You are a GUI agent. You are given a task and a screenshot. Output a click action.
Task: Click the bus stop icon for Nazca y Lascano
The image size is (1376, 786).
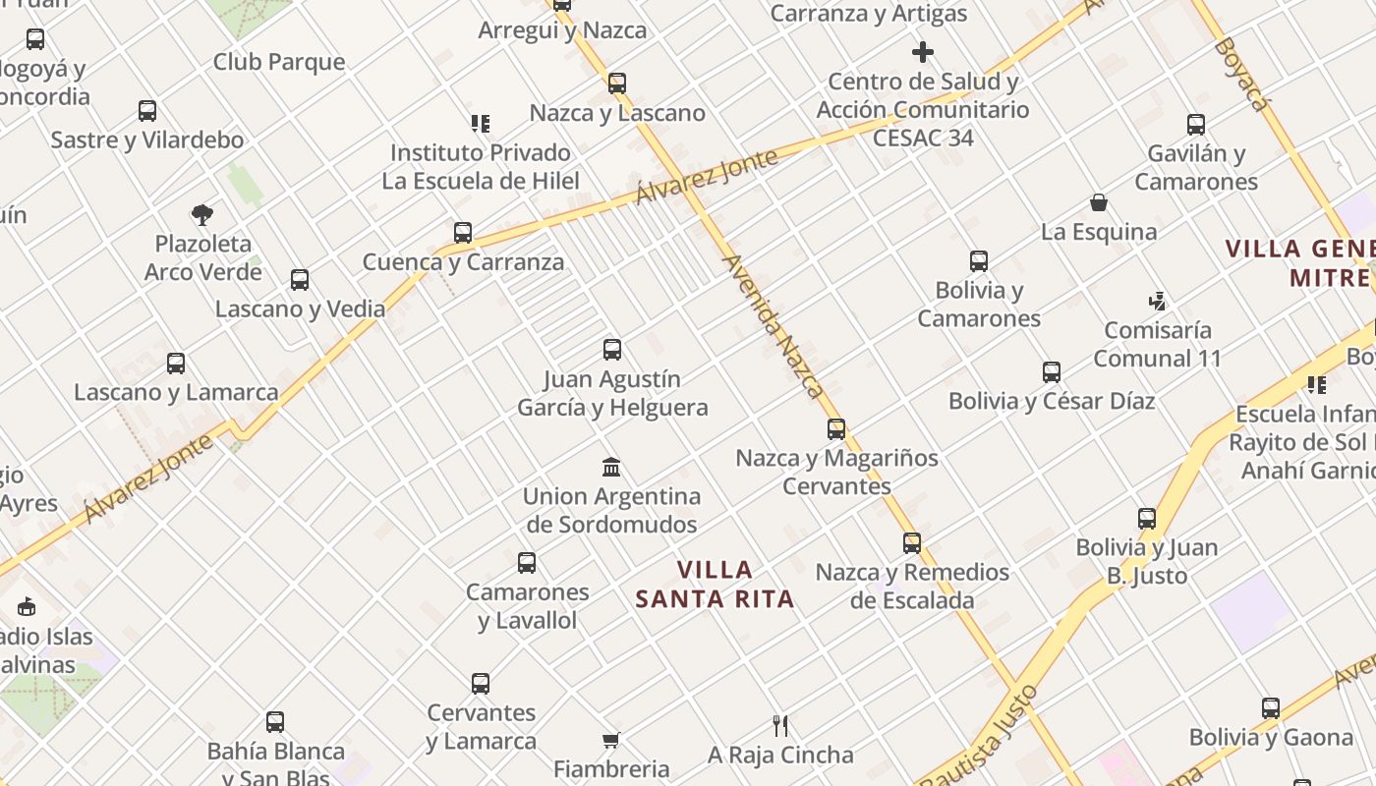(617, 84)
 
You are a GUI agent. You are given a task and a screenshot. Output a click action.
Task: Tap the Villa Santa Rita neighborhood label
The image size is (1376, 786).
(715, 584)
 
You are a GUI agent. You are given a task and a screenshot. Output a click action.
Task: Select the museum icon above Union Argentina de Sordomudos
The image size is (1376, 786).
(611, 467)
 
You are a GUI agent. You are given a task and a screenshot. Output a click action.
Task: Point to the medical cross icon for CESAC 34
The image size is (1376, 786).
(922, 52)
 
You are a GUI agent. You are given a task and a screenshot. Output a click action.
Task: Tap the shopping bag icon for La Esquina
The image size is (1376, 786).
(1099, 203)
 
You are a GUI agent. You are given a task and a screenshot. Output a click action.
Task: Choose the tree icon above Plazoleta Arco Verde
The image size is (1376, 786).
(202, 214)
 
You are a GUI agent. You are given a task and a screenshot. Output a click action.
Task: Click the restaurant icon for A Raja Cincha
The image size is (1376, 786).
(780, 726)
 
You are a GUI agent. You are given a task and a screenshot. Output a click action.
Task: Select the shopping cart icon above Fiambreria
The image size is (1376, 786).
(611, 740)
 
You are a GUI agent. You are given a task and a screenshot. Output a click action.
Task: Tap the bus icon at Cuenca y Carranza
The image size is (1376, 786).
(463, 233)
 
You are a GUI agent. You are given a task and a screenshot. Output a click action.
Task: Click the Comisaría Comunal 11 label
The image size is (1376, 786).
(1157, 344)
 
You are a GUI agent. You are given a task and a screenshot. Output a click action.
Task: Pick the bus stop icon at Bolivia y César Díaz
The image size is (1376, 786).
(1052, 372)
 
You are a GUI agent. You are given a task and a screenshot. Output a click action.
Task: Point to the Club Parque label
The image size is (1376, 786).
(279, 62)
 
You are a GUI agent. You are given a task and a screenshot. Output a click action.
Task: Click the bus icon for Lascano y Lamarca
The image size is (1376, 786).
(176, 364)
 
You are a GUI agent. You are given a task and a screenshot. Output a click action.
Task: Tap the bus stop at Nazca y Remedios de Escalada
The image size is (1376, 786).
(912, 543)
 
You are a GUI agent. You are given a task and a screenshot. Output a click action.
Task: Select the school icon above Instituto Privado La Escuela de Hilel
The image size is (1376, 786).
(480, 124)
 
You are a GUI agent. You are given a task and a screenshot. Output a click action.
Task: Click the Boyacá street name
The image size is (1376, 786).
(1237, 74)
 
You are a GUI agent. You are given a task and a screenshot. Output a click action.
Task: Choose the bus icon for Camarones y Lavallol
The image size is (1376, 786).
(527, 563)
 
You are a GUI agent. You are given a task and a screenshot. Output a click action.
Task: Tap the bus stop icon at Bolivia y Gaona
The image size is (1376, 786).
(1271, 708)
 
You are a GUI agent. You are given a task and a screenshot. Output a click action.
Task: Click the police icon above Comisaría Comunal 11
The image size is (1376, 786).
(1157, 301)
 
